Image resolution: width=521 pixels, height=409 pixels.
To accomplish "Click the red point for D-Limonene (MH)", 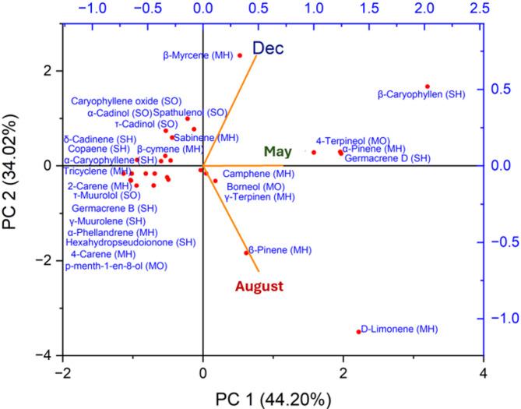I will (x=359, y=331).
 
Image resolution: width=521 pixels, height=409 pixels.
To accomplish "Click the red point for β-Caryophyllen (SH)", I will (x=428, y=86).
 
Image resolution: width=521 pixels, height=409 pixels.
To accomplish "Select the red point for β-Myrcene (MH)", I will (x=240, y=55).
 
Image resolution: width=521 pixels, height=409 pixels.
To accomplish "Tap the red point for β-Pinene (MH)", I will (x=246, y=252).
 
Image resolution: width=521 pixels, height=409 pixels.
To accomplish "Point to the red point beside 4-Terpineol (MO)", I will (x=314, y=152).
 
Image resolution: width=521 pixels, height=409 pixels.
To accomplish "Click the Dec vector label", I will (x=274, y=47).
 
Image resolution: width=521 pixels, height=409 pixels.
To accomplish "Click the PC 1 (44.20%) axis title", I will (x=274, y=397).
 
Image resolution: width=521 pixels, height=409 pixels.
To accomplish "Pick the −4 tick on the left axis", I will (x=48, y=355).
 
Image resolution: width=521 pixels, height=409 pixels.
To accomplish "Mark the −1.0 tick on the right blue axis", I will (x=502, y=318).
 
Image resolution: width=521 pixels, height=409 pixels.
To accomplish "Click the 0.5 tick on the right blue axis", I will (x=502, y=89).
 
